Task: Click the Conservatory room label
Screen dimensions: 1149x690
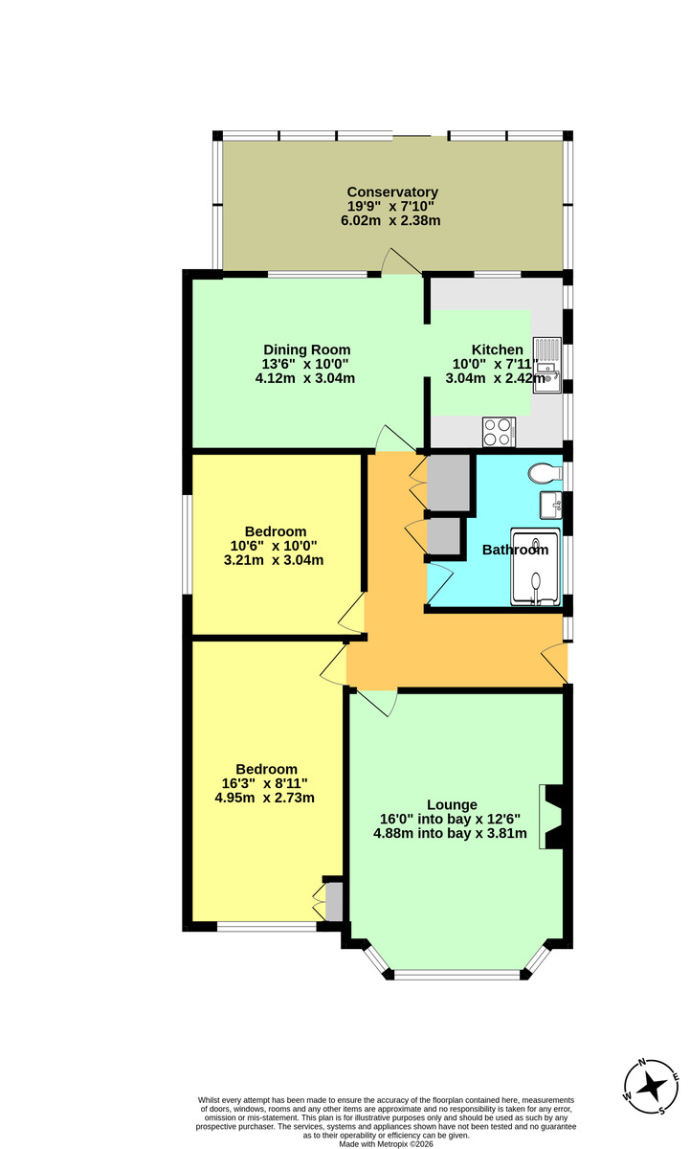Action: click(x=392, y=192)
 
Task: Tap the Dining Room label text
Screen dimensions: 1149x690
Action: click(x=306, y=349)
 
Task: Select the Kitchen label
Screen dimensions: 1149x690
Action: click(x=497, y=349)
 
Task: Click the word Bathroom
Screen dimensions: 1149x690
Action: click(x=515, y=550)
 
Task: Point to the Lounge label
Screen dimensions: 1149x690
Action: click(x=453, y=804)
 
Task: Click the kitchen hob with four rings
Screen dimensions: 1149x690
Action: click(x=499, y=432)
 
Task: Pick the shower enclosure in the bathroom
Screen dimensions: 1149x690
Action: click(x=538, y=568)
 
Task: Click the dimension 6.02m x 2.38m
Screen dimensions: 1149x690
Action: click(x=390, y=221)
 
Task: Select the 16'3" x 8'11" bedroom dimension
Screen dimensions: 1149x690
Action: click(x=265, y=783)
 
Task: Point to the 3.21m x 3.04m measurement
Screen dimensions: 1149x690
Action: click(x=273, y=560)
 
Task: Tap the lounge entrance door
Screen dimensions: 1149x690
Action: click(x=379, y=703)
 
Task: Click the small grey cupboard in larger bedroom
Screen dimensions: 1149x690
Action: click(x=334, y=901)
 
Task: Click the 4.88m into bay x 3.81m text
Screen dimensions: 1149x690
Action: click(x=450, y=833)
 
